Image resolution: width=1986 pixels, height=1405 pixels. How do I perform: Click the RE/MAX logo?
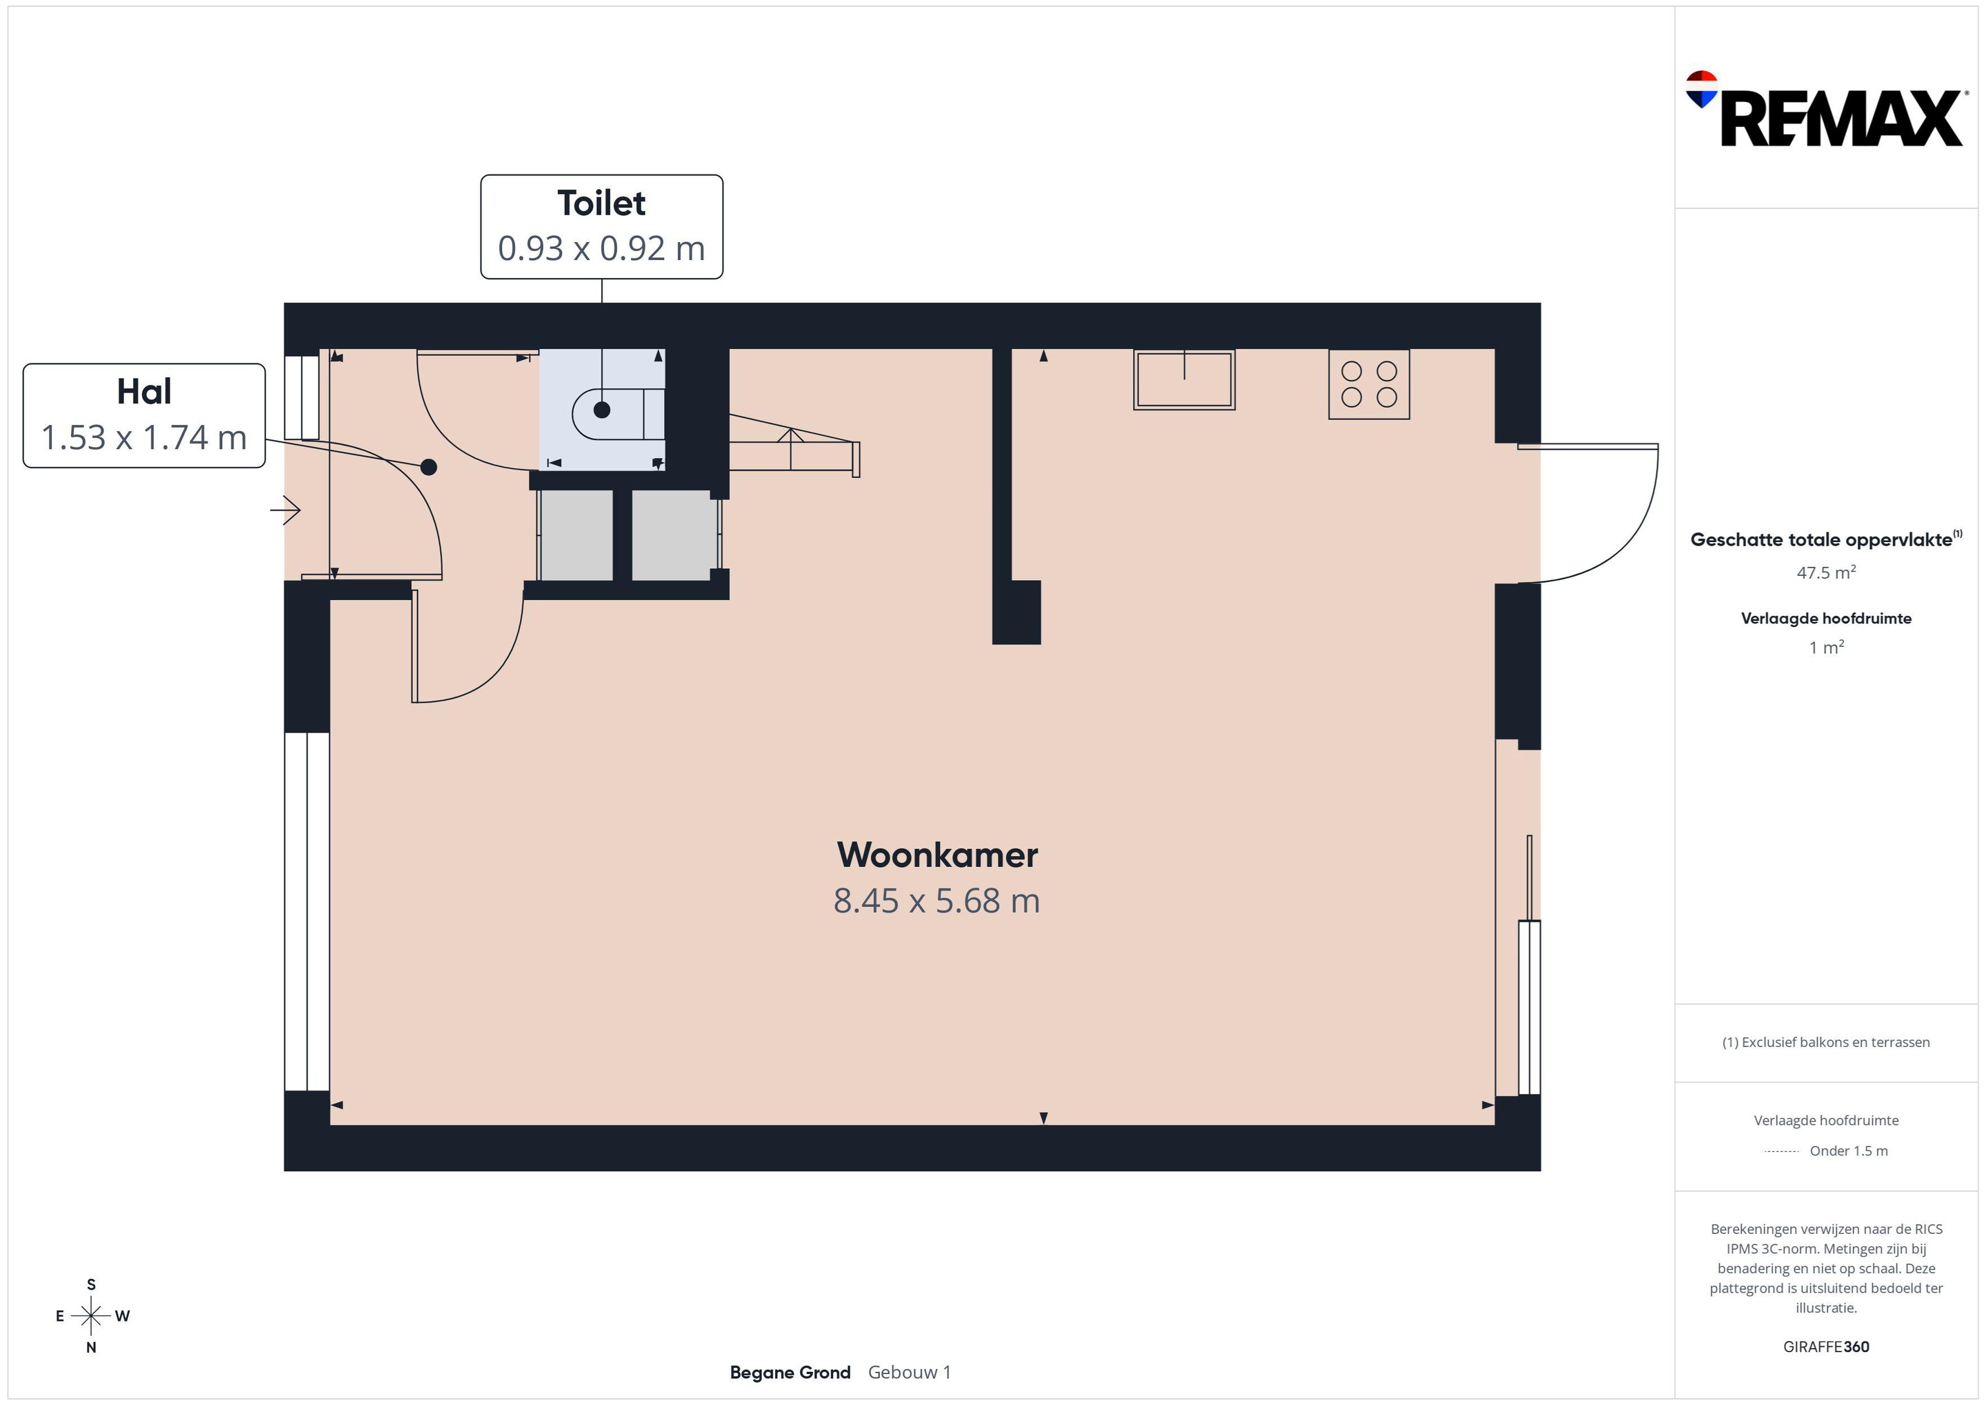click(1826, 109)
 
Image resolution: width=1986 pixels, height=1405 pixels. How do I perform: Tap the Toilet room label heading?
click(601, 203)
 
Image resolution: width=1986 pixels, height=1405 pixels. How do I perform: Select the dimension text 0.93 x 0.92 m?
click(601, 248)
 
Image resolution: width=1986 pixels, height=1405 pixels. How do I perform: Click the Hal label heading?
click(143, 391)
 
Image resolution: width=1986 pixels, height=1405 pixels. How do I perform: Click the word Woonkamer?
click(936, 855)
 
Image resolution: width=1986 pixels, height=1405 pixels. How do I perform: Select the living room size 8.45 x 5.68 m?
click(936, 901)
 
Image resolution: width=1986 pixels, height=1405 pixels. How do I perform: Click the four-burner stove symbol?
click(1370, 384)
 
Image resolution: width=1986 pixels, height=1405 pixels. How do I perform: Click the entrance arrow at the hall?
click(285, 510)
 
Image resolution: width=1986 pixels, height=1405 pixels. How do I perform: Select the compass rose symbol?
click(91, 1316)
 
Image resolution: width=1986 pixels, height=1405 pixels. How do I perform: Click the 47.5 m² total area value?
click(1826, 572)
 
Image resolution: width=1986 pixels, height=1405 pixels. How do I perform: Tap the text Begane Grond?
click(790, 1372)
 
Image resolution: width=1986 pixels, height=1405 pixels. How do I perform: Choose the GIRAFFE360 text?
click(1826, 1346)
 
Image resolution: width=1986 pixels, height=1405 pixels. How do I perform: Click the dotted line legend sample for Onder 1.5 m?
click(1781, 1151)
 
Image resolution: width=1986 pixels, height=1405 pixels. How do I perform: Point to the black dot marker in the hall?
click(428, 467)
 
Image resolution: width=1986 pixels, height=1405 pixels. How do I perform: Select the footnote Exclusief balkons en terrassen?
click(1826, 1042)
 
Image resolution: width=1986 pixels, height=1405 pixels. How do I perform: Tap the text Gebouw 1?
click(909, 1372)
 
